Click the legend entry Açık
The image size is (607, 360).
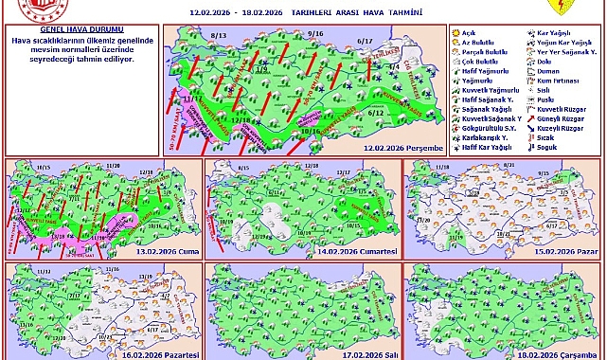(468, 32)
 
